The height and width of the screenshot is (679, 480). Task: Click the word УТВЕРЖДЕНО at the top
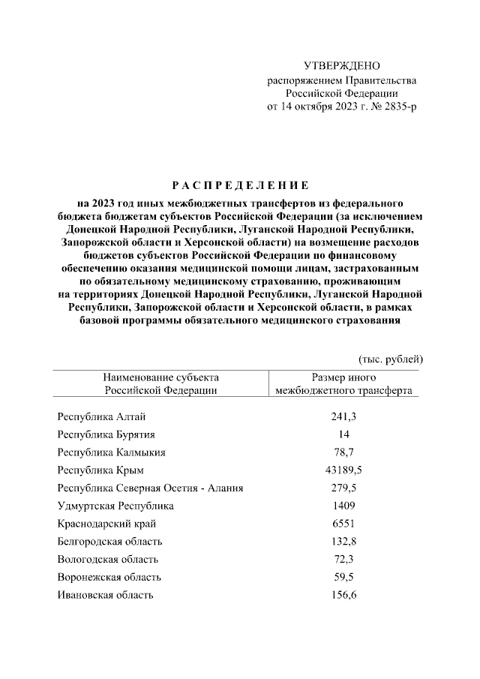click(x=342, y=67)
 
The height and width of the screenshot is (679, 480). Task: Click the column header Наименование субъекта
click(x=160, y=377)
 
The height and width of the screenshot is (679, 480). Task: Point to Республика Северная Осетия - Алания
click(x=150, y=488)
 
